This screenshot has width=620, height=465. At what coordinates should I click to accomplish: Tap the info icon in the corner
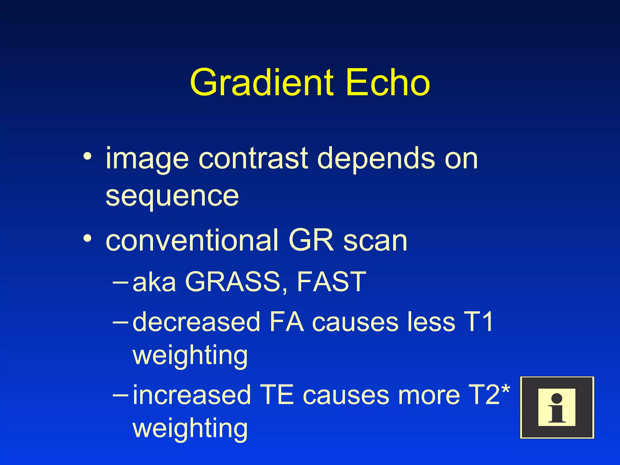(x=557, y=407)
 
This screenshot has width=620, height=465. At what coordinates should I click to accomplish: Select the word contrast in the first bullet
(x=254, y=159)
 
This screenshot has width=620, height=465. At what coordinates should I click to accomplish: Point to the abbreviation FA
(x=286, y=322)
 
